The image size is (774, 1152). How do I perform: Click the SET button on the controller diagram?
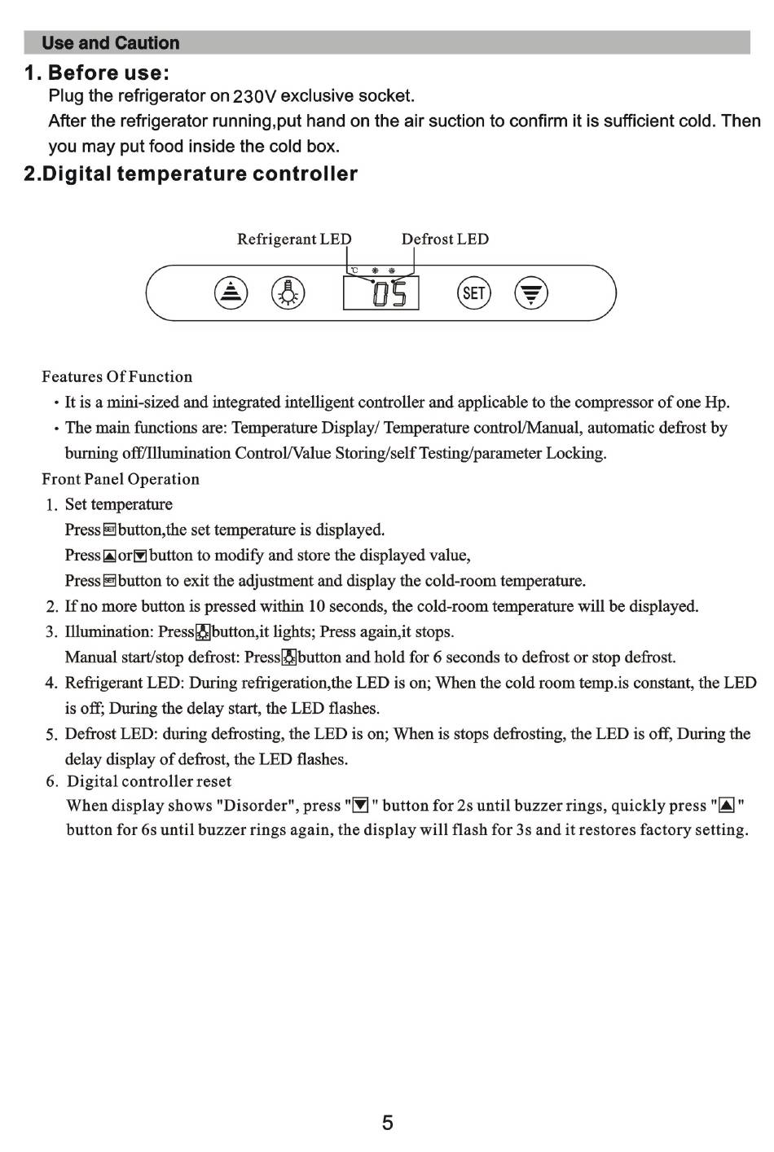pyautogui.click(x=473, y=292)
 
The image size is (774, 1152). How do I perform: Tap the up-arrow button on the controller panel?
pyautogui.click(x=231, y=292)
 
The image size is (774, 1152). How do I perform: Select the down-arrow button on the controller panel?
pyautogui.click(x=531, y=292)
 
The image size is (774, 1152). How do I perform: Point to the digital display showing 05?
pyautogui.click(x=381, y=293)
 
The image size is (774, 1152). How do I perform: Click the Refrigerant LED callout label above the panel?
pyautogui.click(x=294, y=240)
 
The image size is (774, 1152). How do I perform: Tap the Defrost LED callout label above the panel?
pyautogui.click(x=445, y=240)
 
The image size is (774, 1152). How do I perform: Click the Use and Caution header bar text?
pyautogui.click(x=111, y=43)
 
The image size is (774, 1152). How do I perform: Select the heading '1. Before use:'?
pyautogui.click(x=98, y=73)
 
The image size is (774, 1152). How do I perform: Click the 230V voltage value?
pyautogui.click(x=255, y=97)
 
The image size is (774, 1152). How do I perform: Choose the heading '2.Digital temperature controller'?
pyautogui.click(x=191, y=174)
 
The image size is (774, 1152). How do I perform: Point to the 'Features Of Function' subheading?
pyautogui.click(x=117, y=377)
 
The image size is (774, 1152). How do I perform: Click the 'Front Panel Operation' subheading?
pyautogui.click(x=121, y=479)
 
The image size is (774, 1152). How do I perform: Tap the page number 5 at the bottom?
pyautogui.click(x=388, y=1123)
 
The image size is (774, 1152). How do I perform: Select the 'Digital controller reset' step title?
pyautogui.click(x=149, y=782)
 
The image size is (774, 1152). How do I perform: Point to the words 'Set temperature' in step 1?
pyautogui.click(x=119, y=505)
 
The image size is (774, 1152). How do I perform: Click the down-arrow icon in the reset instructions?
pyautogui.click(x=360, y=807)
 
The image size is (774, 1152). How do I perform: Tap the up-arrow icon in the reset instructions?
pyautogui.click(x=728, y=807)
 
